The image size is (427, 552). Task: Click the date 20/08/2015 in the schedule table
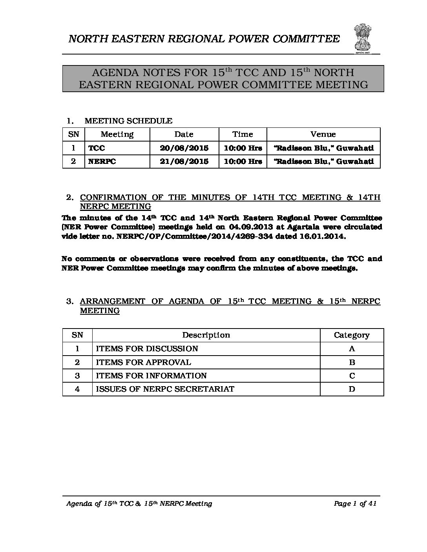coord(184,148)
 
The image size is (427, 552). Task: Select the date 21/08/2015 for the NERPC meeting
coord(184,162)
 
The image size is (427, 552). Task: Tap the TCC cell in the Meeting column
coord(97,148)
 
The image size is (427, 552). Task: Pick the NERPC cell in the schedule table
coord(102,162)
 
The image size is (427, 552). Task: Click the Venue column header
coord(323,134)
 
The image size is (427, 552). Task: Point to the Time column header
coord(243,134)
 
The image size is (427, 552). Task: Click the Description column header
coord(206,335)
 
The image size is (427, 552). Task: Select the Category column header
coord(352,335)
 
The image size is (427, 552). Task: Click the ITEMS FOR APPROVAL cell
coord(144,362)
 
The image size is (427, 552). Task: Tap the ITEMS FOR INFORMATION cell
coord(151,376)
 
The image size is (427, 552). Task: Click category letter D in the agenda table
coord(352,389)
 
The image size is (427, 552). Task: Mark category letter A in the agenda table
coord(352,349)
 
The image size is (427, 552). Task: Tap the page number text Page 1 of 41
coord(355,504)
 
